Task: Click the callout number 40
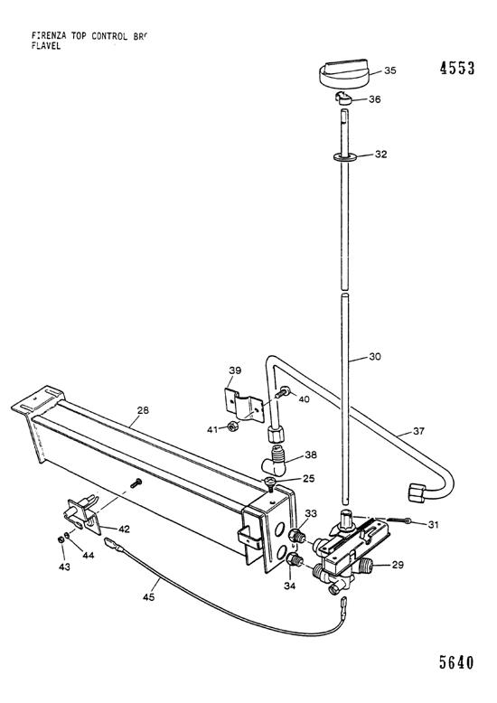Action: [x=305, y=398]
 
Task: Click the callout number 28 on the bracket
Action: [x=142, y=411]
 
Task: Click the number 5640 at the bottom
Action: [x=456, y=661]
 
